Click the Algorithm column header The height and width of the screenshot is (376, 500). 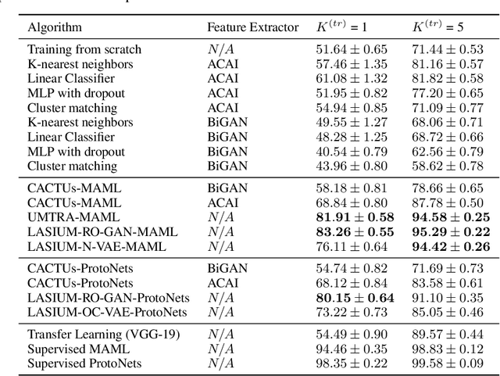pyautogui.click(x=55, y=27)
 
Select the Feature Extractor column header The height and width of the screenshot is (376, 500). pyautogui.click(x=252, y=27)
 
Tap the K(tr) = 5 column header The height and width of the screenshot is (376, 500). pyautogui.click(x=439, y=27)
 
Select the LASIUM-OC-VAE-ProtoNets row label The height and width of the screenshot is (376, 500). pyautogui.click(x=107, y=313)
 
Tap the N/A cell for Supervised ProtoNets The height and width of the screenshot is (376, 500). pyautogui.click(x=219, y=363)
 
